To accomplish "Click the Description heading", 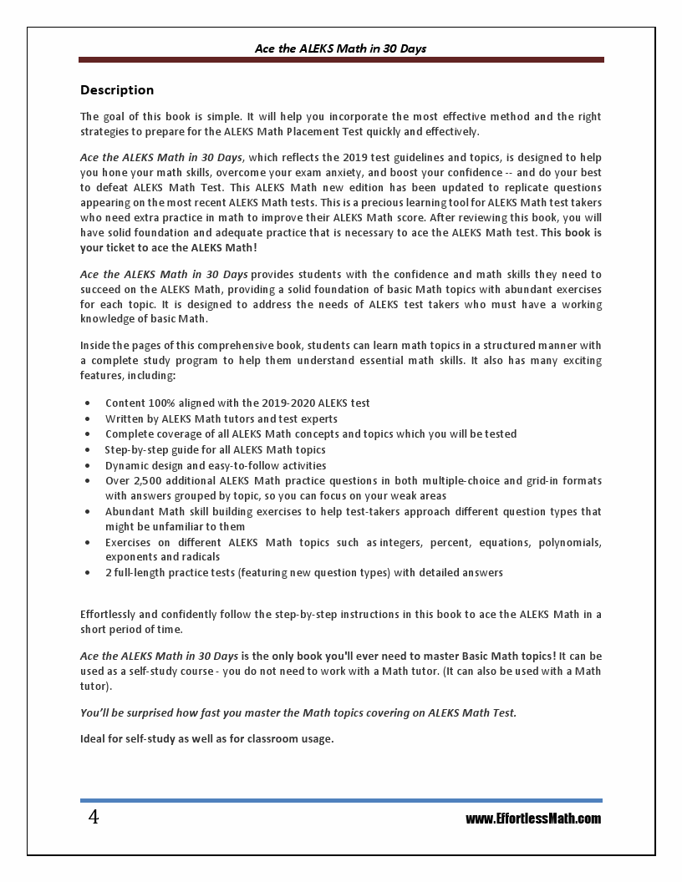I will coord(117,90).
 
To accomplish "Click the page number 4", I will coord(94,818).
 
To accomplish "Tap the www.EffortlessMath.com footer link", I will coord(533,819).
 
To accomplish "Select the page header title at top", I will coord(340,48).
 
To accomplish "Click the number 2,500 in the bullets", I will coord(147,481).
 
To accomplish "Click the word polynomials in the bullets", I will coord(567,542).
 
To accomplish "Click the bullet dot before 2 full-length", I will coord(89,574).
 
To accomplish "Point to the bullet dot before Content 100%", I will coord(89,403).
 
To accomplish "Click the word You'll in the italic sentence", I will coord(95,712).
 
